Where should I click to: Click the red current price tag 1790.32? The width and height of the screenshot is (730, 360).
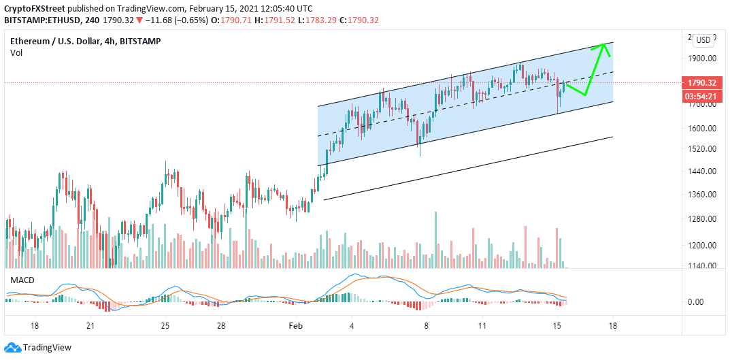701,83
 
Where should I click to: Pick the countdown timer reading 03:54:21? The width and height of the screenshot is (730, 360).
701,95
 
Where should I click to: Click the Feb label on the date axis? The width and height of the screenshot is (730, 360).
295,326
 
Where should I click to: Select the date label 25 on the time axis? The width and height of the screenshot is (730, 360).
165,326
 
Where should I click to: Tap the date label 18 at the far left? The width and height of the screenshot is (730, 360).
34,326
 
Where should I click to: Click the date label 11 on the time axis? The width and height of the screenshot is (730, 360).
482,326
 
